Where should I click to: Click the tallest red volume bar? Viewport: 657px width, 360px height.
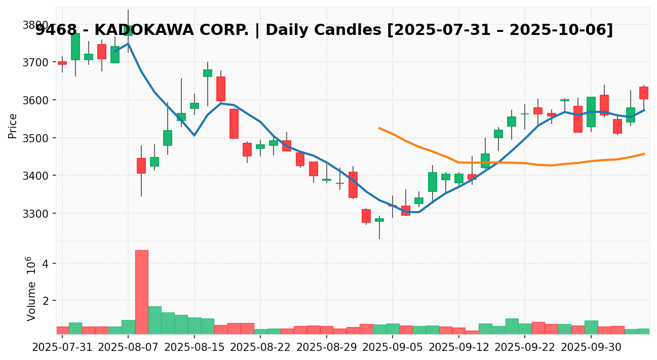141,292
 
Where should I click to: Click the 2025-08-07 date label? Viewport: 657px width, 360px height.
128,348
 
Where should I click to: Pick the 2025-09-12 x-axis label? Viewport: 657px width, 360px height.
459,348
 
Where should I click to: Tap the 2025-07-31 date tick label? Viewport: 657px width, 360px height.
62,348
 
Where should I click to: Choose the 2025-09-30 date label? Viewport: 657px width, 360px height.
592,348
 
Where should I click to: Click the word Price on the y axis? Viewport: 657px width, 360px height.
13,126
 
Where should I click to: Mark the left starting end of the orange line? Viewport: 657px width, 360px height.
379,128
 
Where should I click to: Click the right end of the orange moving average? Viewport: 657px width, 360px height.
644,153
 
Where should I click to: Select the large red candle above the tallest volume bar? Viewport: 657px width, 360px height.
141,166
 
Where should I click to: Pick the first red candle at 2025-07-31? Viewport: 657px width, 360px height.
62,63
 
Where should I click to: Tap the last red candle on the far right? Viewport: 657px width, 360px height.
644,93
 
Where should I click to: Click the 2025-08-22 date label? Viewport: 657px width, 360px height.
260,348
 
